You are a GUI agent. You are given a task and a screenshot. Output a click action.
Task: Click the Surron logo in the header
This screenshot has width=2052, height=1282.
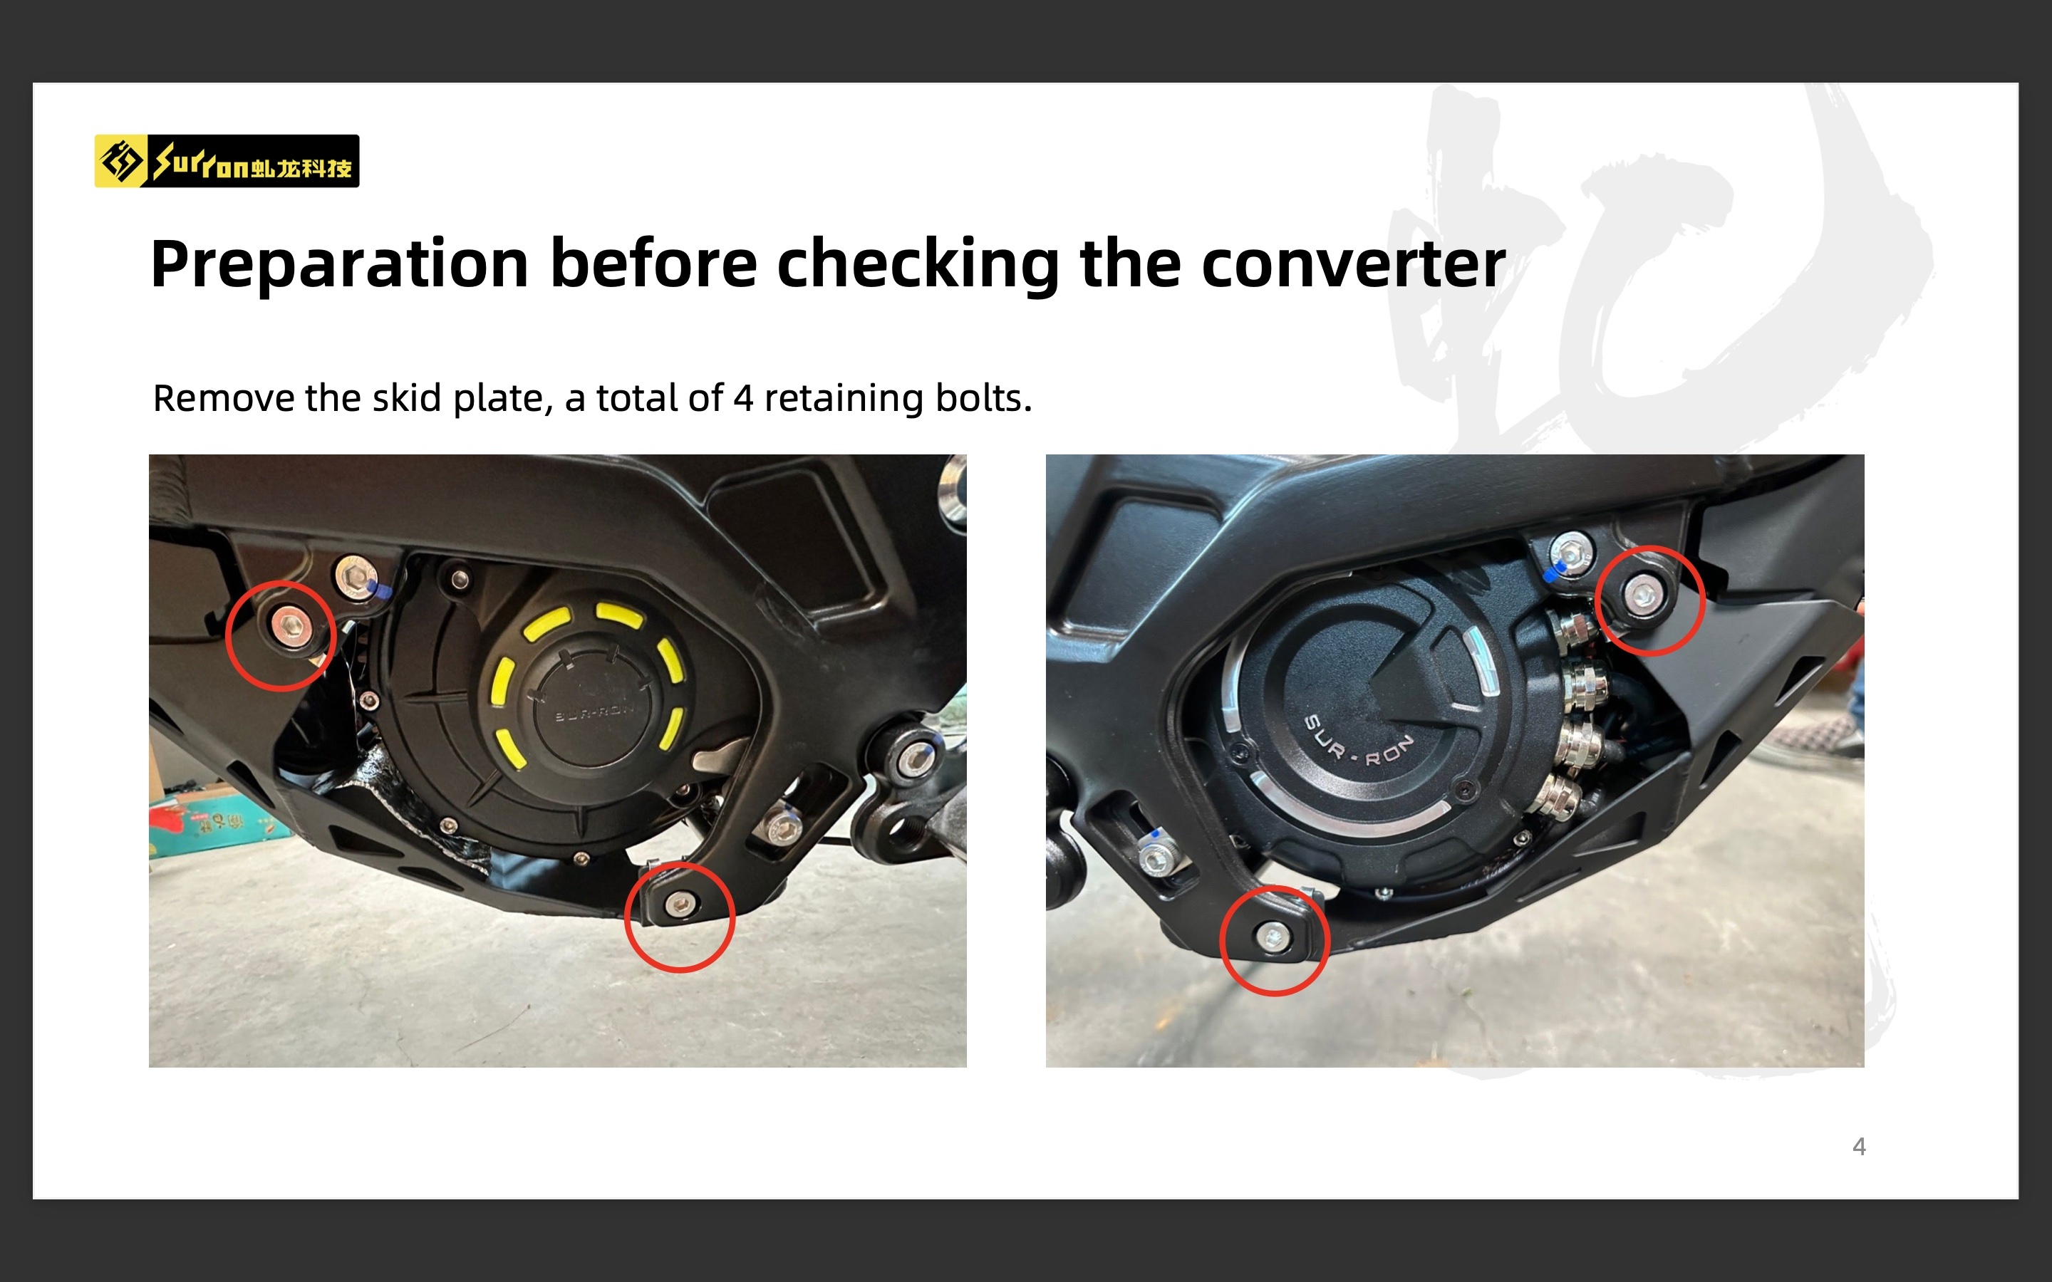point(227,161)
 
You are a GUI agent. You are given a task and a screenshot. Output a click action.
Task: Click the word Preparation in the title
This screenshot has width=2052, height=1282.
point(339,266)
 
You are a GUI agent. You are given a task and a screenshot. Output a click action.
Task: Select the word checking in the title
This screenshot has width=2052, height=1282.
point(918,266)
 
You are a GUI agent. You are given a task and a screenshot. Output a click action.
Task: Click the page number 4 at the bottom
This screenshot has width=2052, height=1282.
point(1860,1147)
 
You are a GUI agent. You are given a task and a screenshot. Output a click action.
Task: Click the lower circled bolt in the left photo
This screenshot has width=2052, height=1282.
point(678,905)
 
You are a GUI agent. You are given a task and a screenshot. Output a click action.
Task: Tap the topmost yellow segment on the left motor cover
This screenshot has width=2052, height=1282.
point(620,613)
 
